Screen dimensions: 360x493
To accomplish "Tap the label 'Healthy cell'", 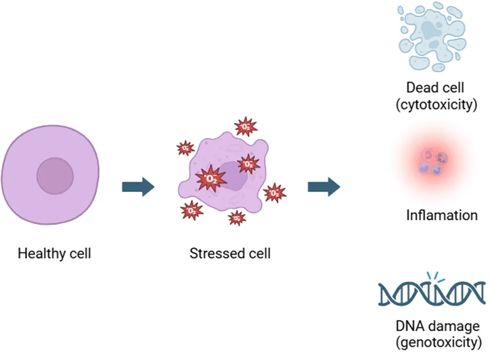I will pyautogui.click(x=55, y=253).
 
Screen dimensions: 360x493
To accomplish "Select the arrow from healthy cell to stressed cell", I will pyautogui.click(x=138, y=187).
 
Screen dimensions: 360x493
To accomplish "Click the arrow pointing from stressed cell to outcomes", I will pyautogui.click(x=324, y=187).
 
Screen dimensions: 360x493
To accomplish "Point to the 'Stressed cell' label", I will pyautogui.click(x=230, y=253).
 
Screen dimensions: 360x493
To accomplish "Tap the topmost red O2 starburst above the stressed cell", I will pyautogui.click(x=246, y=126).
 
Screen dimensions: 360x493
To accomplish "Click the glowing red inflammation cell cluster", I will pyautogui.click(x=434, y=162).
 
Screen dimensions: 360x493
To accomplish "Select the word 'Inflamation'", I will pyautogui.click(x=442, y=216).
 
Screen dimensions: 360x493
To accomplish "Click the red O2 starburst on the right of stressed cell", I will pyautogui.click(x=274, y=192).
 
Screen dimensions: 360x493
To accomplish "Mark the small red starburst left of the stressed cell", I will pyautogui.click(x=185, y=148).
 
